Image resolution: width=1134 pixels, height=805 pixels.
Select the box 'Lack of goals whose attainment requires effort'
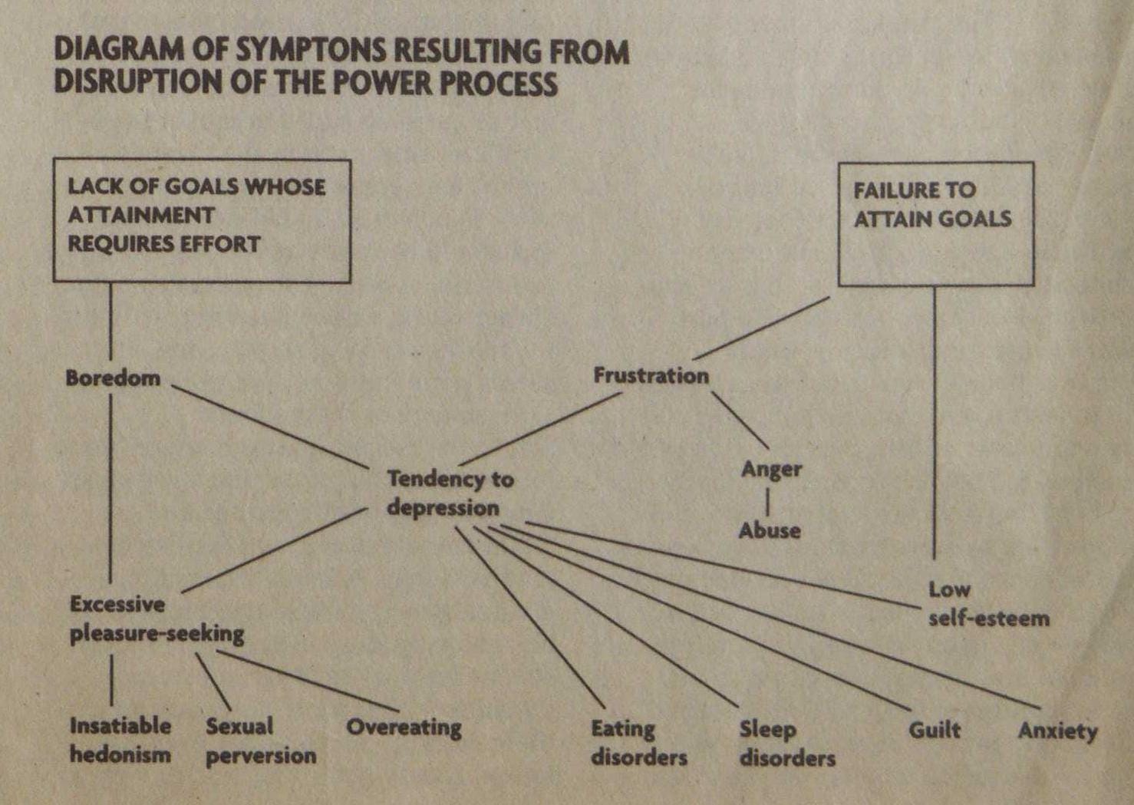[201, 220]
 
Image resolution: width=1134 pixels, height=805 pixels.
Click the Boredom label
[113, 378]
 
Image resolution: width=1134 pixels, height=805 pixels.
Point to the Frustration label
[651, 375]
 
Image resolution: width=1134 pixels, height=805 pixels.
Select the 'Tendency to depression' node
[450, 493]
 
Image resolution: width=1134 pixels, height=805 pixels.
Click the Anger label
[771, 469]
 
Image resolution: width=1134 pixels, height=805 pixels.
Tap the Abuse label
[770, 530]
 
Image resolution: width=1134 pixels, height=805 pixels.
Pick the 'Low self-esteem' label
[988, 604]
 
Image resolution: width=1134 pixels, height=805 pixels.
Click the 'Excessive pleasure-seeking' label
[157, 619]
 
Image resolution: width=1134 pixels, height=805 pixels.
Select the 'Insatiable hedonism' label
[120, 740]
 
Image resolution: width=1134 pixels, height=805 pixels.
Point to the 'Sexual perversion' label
[260, 741]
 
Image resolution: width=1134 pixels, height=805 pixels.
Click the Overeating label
[404, 727]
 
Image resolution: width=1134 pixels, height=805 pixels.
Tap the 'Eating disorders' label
[638, 743]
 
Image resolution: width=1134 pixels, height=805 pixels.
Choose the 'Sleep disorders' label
[786, 744]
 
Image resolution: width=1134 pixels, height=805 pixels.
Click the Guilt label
[934, 729]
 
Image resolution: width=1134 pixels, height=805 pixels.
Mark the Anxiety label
[1057, 731]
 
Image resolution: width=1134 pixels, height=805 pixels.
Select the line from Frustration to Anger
[740, 420]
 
